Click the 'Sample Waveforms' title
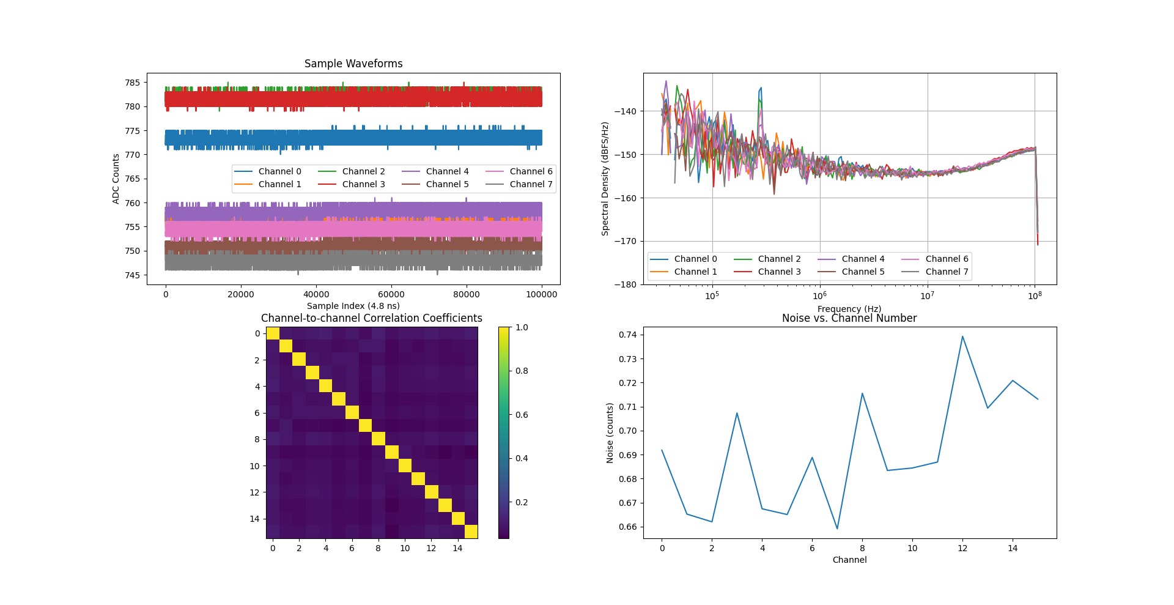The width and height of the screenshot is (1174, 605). pyautogui.click(x=353, y=64)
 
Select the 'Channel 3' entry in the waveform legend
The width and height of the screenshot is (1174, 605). pyautogui.click(x=363, y=184)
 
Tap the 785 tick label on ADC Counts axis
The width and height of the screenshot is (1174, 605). pyautogui.click(x=132, y=83)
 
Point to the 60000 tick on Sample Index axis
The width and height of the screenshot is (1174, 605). pyautogui.click(x=391, y=294)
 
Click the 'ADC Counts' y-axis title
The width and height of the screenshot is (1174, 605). pyautogui.click(x=116, y=179)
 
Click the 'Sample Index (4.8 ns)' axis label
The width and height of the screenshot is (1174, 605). pyautogui.click(x=353, y=306)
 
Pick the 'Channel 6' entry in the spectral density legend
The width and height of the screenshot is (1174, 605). pyautogui.click(x=947, y=259)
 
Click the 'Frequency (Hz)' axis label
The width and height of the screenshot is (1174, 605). pyautogui.click(x=849, y=309)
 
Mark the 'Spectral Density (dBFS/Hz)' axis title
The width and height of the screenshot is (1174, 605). pyautogui.click(x=605, y=179)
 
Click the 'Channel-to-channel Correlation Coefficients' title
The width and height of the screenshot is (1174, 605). pyautogui.click(x=372, y=318)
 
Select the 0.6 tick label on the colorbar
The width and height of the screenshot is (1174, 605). pyautogui.click(x=522, y=415)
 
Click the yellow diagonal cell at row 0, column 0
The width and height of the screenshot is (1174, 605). pyautogui.click(x=273, y=333)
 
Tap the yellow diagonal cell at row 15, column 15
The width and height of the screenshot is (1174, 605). pyautogui.click(x=471, y=532)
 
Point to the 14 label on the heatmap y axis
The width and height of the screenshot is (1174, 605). pyautogui.click(x=254, y=519)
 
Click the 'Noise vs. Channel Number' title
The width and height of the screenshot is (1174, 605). pyautogui.click(x=849, y=318)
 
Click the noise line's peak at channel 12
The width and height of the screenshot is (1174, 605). pyautogui.click(x=962, y=336)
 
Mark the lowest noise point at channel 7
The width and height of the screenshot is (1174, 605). pyautogui.click(x=837, y=529)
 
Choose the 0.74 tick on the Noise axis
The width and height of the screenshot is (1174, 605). pyautogui.click(x=627, y=335)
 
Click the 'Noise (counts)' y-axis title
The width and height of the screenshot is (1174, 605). pyautogui.click(x=610, y=432)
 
